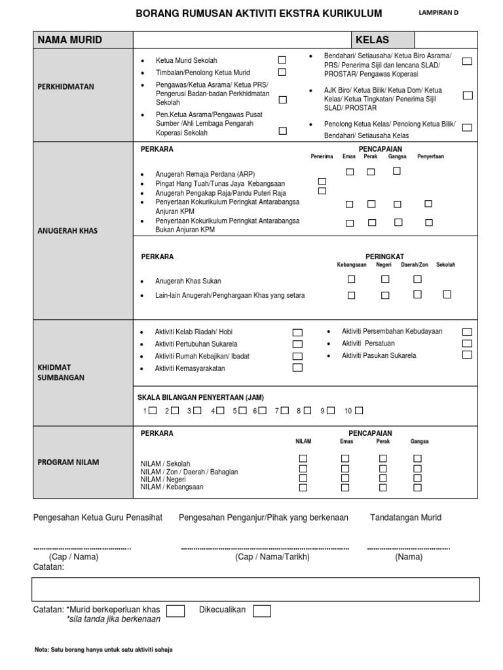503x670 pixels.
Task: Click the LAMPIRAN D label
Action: (x=438, y=12)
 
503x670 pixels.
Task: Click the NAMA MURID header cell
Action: (x=70, y=40)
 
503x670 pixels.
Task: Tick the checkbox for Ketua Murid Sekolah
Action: (x=282, y=60)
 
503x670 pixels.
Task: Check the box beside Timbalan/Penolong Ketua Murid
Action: (x=282, y=72)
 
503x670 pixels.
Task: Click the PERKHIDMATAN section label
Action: (x=66, y=86)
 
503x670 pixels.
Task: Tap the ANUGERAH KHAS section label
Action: (x=67, y=231)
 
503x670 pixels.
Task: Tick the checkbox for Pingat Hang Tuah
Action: (x=322, y=181)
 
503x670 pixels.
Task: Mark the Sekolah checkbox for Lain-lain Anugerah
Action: (x=447, y=294)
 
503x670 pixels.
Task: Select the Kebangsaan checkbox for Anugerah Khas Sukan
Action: (x=352, y=279)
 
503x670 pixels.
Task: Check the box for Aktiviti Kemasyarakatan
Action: (x=297, y=368)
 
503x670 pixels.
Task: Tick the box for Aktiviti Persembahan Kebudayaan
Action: (x=467, y=332)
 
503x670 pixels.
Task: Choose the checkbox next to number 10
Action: (x=358, y=411)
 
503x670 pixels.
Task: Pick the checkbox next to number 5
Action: (x=242, y=411)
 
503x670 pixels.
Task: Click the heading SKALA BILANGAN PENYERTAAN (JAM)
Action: (x=200, y=397)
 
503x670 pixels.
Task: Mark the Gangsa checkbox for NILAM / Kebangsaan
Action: (x=417, y=487)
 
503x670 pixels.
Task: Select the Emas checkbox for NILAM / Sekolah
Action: (x=345, y=459)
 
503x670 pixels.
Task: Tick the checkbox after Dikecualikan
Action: (x=262, y=611)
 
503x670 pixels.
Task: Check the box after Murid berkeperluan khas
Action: (x=175, y=611)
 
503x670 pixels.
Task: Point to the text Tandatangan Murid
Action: (x=405, y=518)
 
